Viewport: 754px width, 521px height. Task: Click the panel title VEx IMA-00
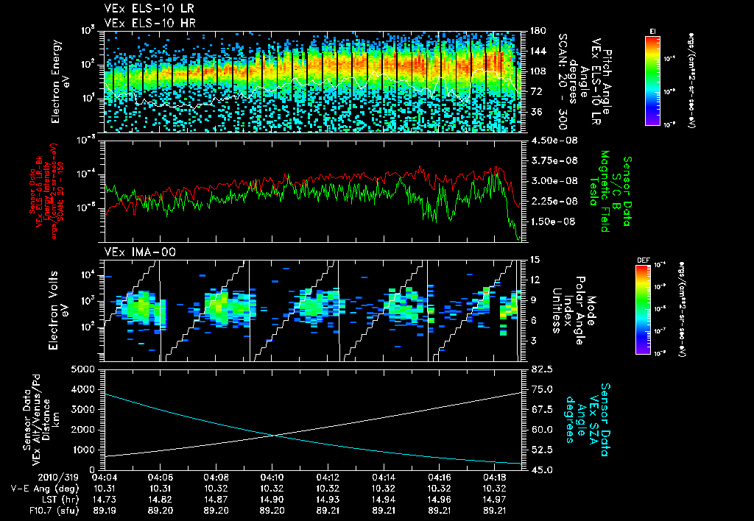(133, 252)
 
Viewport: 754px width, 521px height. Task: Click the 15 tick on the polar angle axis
(535, 260)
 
